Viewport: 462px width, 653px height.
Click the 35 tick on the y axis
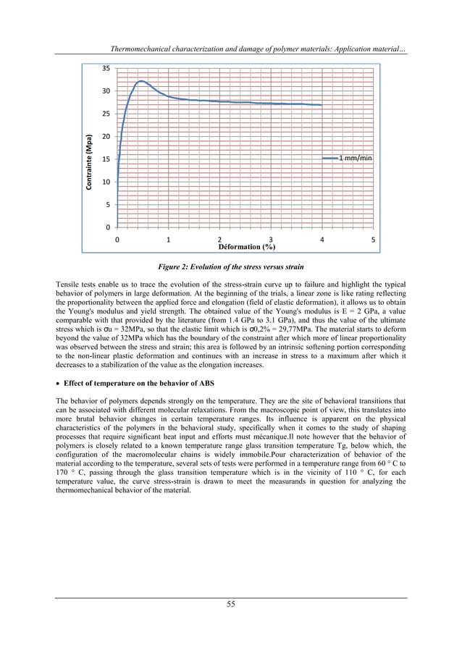point(106,69)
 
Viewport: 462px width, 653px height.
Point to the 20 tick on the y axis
point(106,137)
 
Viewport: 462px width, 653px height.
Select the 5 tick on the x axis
point(373,239)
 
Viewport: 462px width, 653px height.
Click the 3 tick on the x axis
point(271,239)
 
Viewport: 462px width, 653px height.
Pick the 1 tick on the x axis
point(169,239)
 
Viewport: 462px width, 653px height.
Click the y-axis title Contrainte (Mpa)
point(89,164)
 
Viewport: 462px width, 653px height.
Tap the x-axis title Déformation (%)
point(245,246)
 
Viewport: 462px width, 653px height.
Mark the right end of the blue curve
point(322,105)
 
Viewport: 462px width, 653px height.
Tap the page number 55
point(230,604)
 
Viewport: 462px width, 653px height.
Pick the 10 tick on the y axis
point(106,182)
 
